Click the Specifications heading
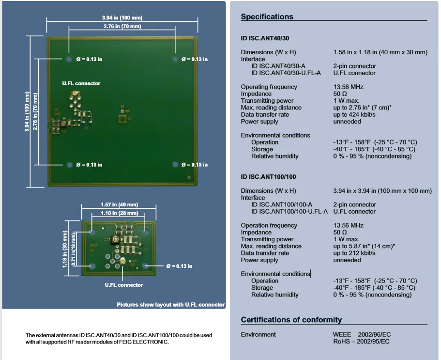point(267,16)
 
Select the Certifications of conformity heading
point(291,320)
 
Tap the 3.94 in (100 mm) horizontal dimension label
point(122,18)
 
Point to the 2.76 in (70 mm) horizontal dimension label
point(122,27)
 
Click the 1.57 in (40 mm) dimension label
point(119,204)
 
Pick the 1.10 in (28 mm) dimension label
point(120,213)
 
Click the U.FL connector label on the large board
point(81,83)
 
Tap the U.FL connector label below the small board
point(124,285)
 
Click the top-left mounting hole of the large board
point(69,59)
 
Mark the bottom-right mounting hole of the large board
point(175,164)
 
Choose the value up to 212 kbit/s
point(354,253)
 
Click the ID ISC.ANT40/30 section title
point(265,38)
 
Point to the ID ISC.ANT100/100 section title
point(268,177)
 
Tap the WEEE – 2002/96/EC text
point(362,334)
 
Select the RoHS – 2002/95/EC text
point(361,342)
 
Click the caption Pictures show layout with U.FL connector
point(171,305)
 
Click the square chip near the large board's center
point(122,119)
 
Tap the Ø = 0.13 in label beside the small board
point(179,266)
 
